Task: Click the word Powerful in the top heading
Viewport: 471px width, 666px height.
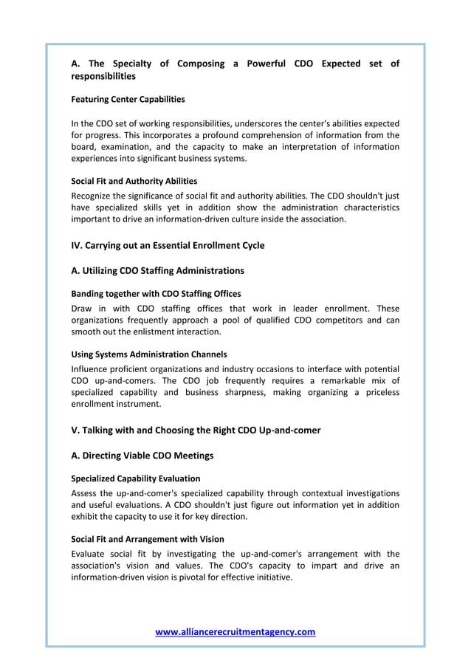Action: (x=261, y=63)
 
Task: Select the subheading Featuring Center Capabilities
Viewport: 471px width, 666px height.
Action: (x=128, y=99)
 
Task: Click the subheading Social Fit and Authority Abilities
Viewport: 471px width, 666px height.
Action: (x=134, y=181)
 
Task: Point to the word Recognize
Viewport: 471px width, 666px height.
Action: (x=94, y=195)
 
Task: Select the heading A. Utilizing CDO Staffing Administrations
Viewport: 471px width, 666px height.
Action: (x=157, y=270)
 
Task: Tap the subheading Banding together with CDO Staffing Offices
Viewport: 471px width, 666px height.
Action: (x=155, y=294)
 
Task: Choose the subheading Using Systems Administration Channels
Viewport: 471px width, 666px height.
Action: (x=148, y=354)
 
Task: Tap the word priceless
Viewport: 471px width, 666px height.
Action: (x=377, y=392)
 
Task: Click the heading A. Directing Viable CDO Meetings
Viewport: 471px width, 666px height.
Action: (x=142, y=456)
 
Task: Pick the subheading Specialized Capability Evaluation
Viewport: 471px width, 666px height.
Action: (x=135, y=478)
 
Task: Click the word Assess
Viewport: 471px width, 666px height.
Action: (x=86, y=492)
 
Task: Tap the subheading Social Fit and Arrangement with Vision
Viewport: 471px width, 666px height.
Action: (x=147, y=539)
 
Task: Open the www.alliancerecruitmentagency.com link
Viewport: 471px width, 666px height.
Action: (x=235, y=632)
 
